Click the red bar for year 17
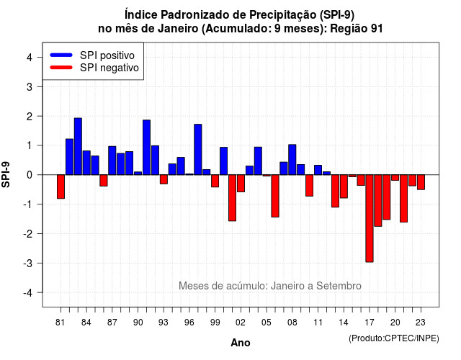[x=370, y=218]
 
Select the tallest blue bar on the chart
[x=78, y=146]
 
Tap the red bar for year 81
[x=61, y=186]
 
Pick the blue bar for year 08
[x=292, y=160]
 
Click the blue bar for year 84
[x=86, y=163]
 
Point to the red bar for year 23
[x=421, y=182]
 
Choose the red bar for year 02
[x=241, y=184]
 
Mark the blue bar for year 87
[x=112, y=161]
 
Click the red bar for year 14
[x=344, y=186]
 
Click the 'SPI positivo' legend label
[x=107, y=55]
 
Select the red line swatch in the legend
[x=61, y=68]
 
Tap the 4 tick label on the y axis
[x=30, y=57]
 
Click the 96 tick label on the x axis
[x=189, y=323]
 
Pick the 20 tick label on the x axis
[x=395, y=323]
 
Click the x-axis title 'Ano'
[x=240, y=343]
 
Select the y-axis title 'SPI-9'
[x=6, y=174]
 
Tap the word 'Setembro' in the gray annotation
[x=339, y=286]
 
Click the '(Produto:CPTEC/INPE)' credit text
[x=394, y=338]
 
